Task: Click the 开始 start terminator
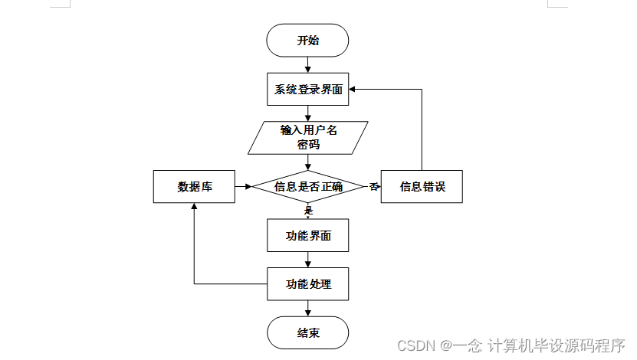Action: (x=307, y=41)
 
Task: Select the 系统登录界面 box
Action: (x=307, y=89)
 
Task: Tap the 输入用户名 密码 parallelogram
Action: (x=307, y=137)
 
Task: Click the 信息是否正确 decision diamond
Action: (x=307, y=186)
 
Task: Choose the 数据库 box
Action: (x=195, y=186)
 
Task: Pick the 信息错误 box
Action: (x=422, y=186)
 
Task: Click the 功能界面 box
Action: (x=307, y=235)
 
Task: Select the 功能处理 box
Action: (x=307, y=283)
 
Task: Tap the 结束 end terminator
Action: (x=307, y=332)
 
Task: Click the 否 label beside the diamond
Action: (x=374, y=186)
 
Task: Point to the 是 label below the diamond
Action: (x=309, y=210)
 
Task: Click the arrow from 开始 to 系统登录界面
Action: (x=307, y=65)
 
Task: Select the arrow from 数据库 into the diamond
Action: (x=244, y=186)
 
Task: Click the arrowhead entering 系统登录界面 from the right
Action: (x=354, y=89)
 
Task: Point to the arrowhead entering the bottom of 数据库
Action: (x=195, y=207)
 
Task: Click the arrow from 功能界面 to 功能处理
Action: (x=307, y=260)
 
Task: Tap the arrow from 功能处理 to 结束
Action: (x=307, y=308)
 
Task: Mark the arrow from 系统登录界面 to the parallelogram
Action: (x=307, y=113)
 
